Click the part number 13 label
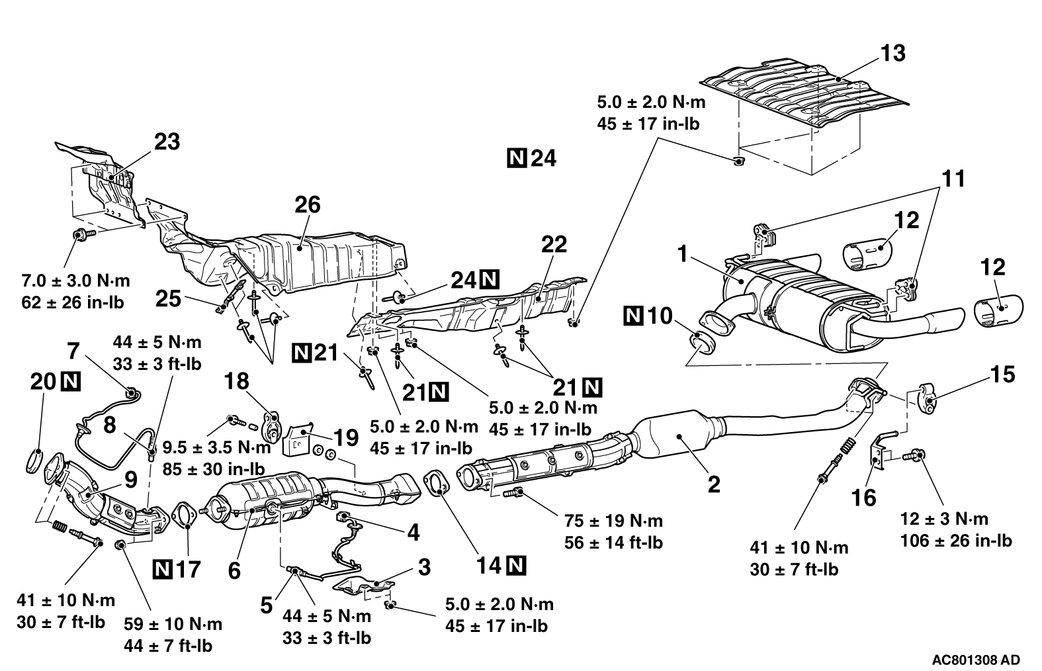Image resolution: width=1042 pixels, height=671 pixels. [894, 52]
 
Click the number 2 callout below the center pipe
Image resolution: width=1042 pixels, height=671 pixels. [713, 485]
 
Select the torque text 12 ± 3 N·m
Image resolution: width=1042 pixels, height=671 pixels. [944, 519]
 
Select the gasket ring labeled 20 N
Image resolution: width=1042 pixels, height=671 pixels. [38, 461]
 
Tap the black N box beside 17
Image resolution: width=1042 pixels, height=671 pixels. [162, 568]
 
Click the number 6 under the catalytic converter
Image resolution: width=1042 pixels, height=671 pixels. [234, 570]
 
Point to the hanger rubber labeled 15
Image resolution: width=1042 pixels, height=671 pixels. [928, 397]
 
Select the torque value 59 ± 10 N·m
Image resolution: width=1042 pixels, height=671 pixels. [173, 624]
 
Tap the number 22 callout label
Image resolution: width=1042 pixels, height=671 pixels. [554, 244]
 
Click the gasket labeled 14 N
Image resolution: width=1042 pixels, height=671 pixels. [433, 484]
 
